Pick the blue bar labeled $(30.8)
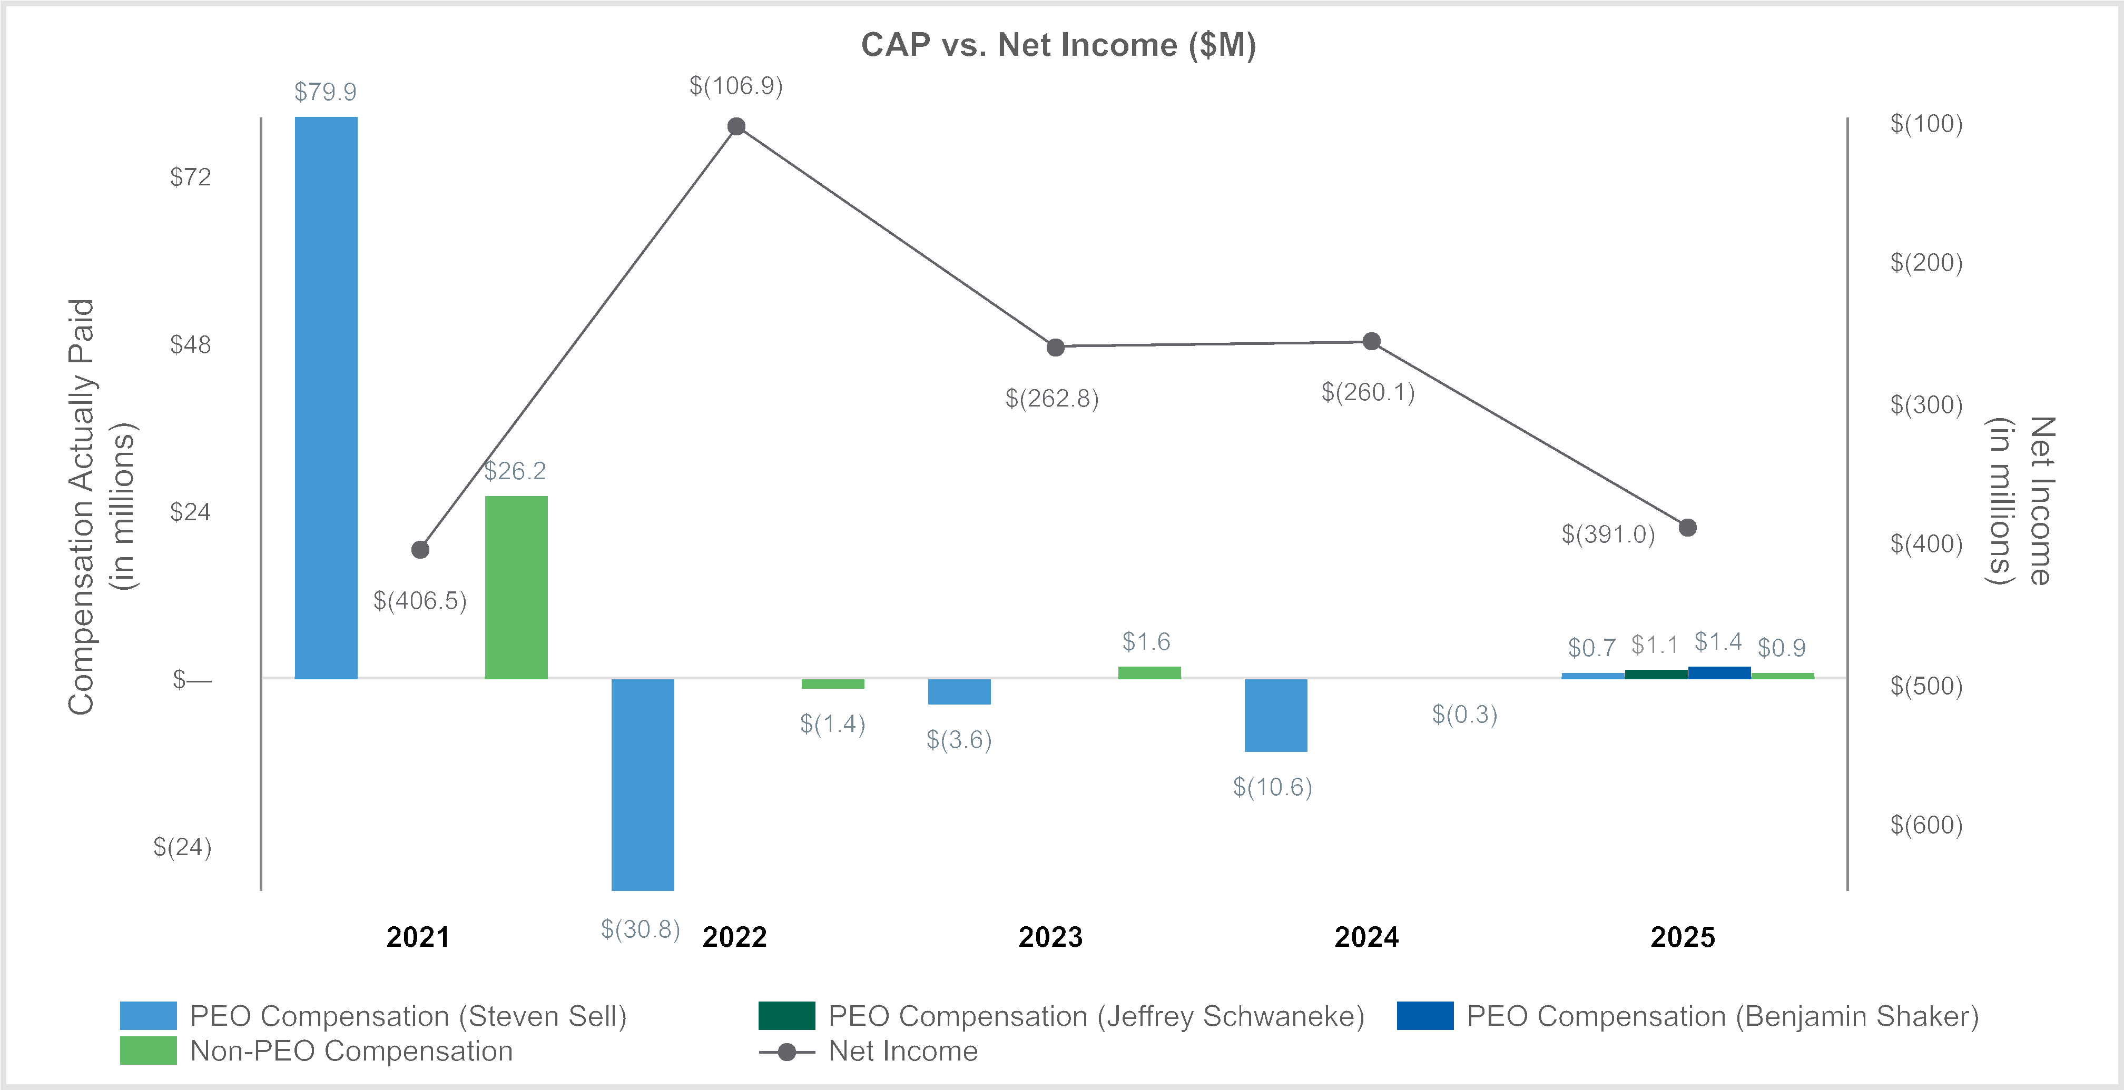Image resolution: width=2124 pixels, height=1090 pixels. click(642, 784)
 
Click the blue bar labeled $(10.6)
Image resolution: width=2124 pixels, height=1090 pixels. click(1275, 715)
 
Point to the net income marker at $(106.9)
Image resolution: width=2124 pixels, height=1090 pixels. click(736, 126)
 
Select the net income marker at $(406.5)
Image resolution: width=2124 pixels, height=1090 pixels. click(420, 550)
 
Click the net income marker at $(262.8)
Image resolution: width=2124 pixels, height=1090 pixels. click(1055, 347)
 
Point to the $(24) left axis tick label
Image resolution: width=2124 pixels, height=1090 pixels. click(182, 848)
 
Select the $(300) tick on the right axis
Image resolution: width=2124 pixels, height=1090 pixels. click(1926, 405)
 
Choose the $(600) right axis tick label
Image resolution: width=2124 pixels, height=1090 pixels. click(1926, 825)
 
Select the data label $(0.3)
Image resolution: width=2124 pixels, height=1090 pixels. click(1464, 714)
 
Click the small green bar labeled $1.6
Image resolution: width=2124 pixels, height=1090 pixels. click(1149, 672)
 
